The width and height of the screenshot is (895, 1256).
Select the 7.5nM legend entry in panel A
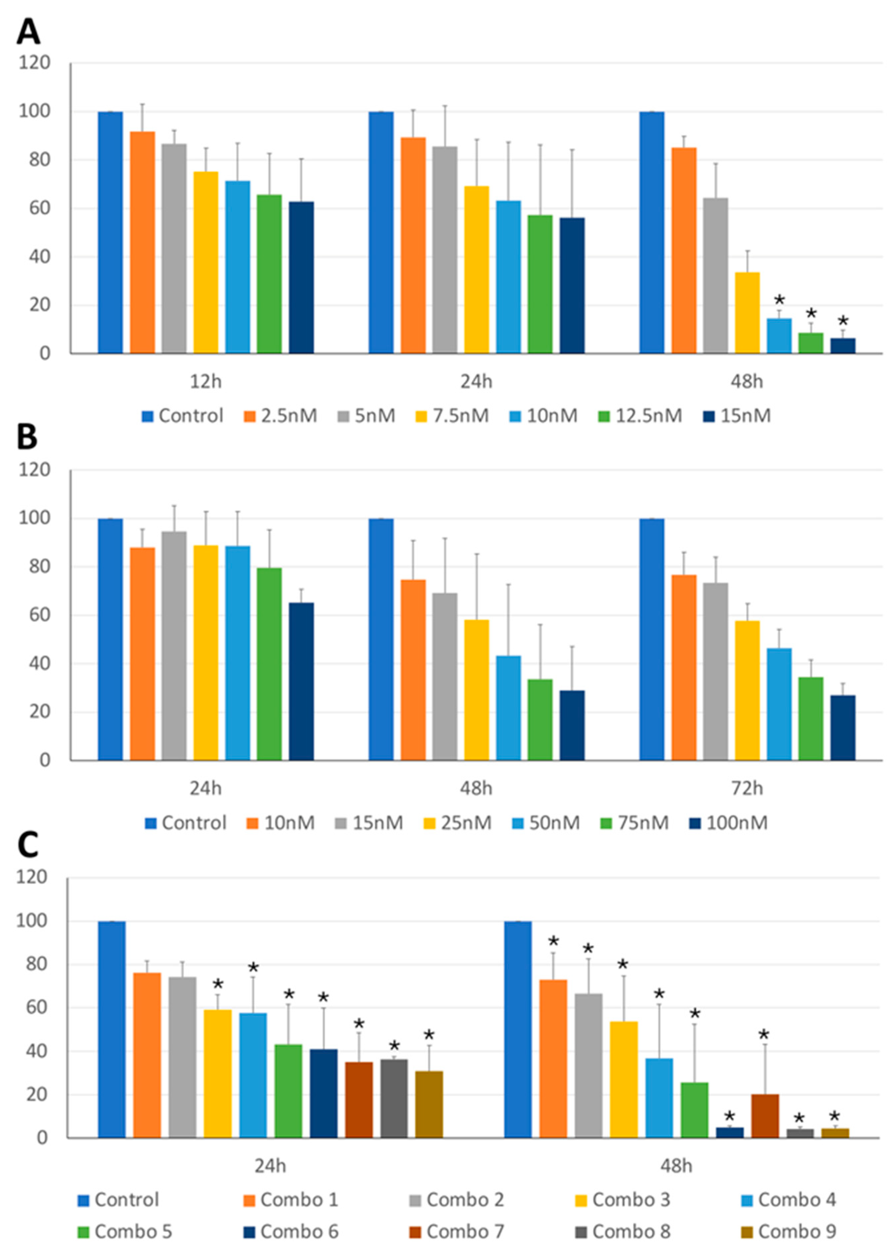click(452, 416)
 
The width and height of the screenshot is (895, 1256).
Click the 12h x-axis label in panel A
click(206, 381)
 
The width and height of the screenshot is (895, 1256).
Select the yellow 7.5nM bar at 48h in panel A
click(747, 312)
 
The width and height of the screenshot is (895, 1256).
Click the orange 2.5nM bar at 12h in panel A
click(142, 243)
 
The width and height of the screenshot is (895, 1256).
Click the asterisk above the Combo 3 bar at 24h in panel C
click(218, 984)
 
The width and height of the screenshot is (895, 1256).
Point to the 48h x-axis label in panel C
click(676, 1166)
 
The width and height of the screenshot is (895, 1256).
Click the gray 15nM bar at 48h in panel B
click(445, 677)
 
